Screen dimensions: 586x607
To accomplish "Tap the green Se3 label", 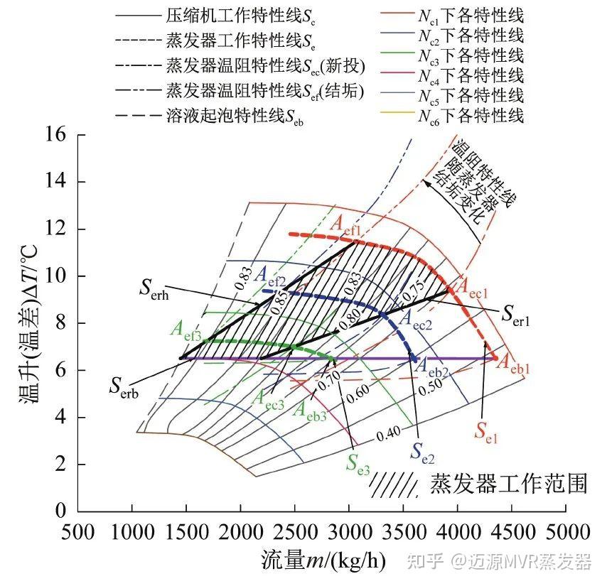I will [x=358, y=463].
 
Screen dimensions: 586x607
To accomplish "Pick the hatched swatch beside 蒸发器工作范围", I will [x=392, y=485].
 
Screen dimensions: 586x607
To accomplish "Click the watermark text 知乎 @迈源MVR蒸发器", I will [x=510, y=563].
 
